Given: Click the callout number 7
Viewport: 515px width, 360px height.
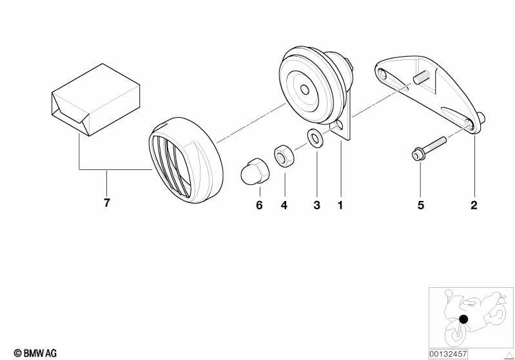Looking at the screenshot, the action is pyautogui.click(x=107, y=203).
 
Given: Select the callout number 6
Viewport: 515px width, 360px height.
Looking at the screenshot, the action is pyautogui.click(x=259, y=205).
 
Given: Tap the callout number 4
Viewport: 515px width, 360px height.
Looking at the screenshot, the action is pyautogui.click(x=284, y=205).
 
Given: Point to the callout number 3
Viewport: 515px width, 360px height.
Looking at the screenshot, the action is pyautogui.click(x=316, y=205).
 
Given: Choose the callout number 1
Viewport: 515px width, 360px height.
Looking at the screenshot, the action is pyautogui.click(x=340, y=205).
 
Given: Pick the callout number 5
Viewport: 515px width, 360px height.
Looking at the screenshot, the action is pyautogui.click(x=421, y=205).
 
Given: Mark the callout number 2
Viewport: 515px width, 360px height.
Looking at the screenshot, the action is pyautogui.click(x=474, y=205).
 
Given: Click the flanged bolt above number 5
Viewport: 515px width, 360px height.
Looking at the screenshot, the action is pyautogui.click(x=429, y=149).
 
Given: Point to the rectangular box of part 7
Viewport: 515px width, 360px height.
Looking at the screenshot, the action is pyautogui.click(x=96, y=100).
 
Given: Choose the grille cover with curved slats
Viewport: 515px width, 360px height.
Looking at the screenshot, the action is pyautogui.click(x=186, y=160).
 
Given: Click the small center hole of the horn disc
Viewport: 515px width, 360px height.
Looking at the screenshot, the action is pyautogui.click(x=305, y=90).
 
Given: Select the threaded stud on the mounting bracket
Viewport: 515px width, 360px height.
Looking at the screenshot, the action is pyautogui.click(x=422, y=77).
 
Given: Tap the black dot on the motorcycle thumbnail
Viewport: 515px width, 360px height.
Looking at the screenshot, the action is pyautogui.click(x=463, y=319).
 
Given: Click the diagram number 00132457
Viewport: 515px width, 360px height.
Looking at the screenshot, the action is pyautogui.click(x=448, y=354).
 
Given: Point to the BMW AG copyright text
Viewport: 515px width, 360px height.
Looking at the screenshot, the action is pyautogui.click(x=35, y=354).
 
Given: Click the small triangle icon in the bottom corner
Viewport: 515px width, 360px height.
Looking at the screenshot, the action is pyautogui.click(x=509, y=355).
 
